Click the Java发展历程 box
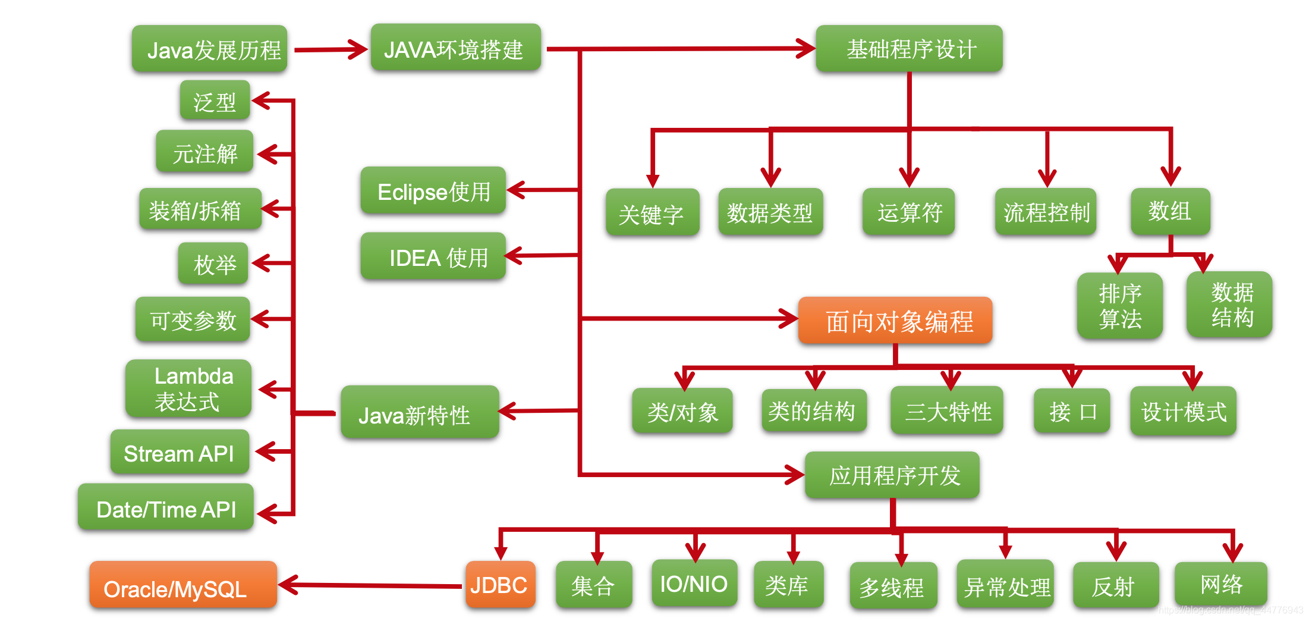point(209,49)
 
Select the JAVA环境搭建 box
point(455,48)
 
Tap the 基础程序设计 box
point(909,49)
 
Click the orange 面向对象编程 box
point(895,321)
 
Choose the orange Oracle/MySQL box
point(183,585)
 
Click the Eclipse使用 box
point(433,191)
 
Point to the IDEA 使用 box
point(433,256)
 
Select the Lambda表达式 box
point(188,388)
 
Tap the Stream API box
point(180,453)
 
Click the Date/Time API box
point(166,508)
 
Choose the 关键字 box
point(652,213)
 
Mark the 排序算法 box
point(1119,306)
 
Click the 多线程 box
point(893,586)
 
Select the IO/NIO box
point(694,584)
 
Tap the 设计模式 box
point(1183,411)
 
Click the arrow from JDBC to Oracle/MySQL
point(372,586)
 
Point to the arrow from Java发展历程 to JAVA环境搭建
point(330,50)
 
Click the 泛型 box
point(215,101)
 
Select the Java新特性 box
point(420,413)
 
